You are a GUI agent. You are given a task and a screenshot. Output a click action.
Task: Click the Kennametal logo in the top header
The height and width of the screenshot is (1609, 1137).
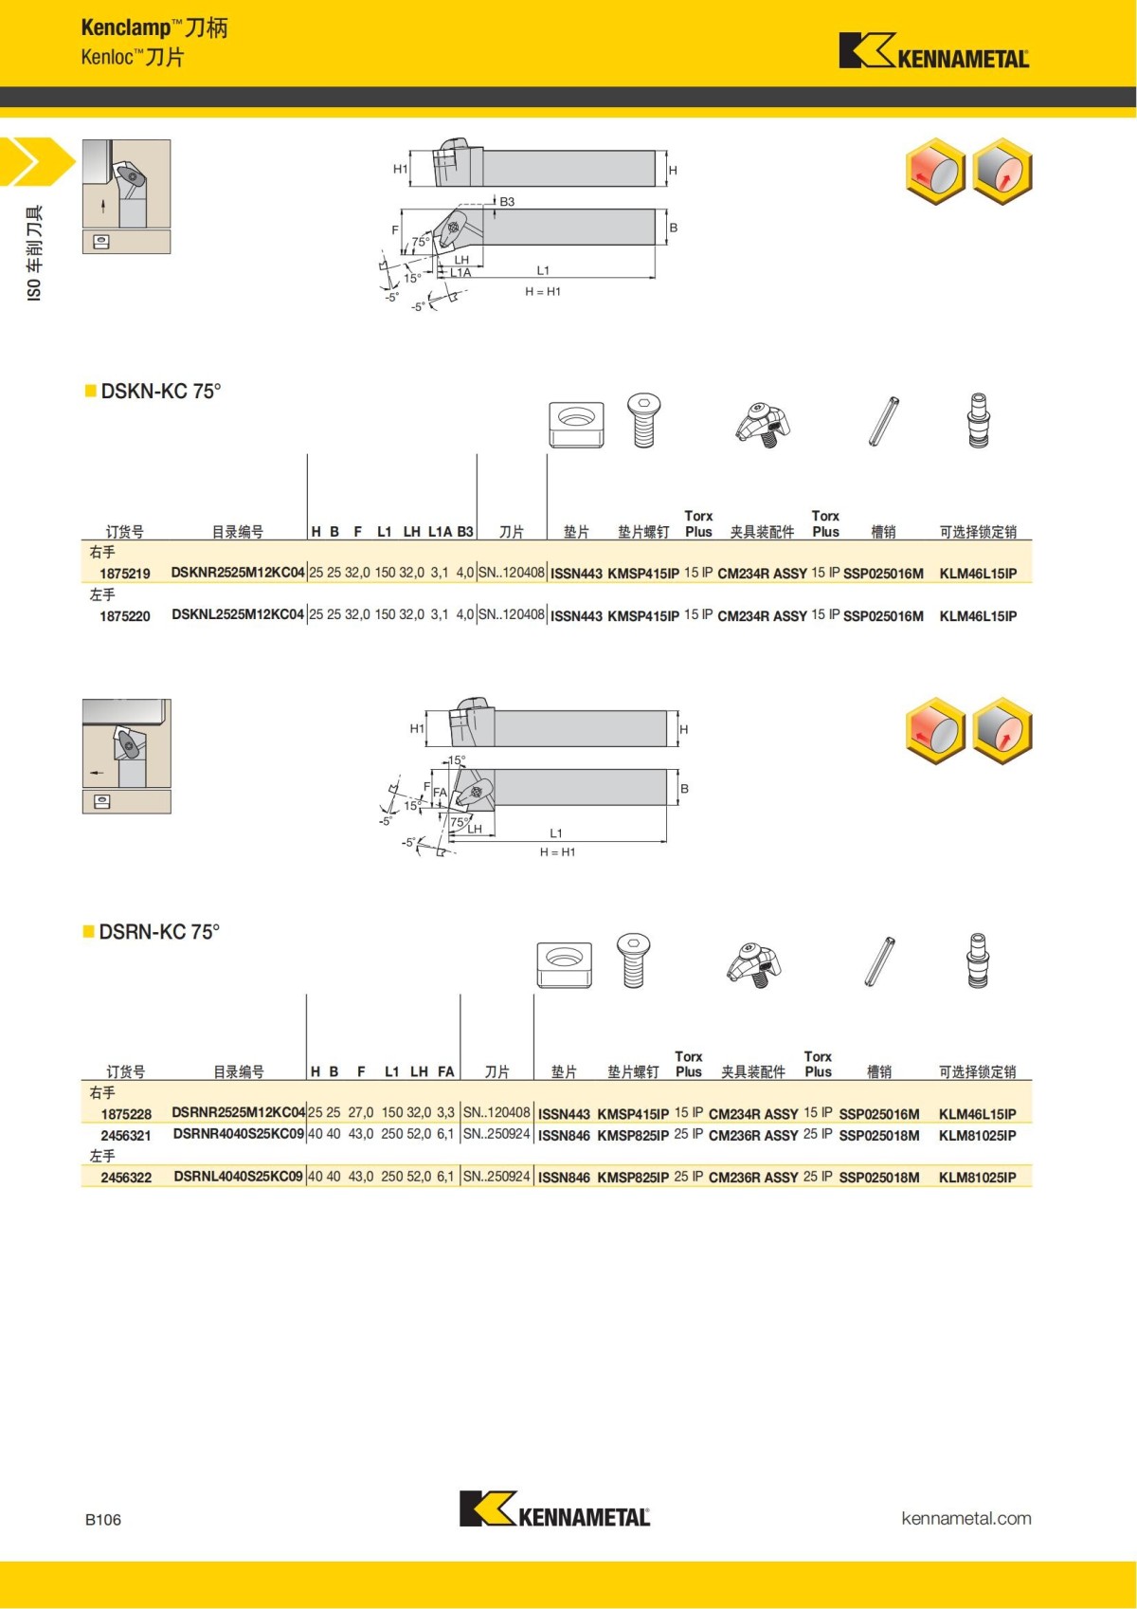[933, 51]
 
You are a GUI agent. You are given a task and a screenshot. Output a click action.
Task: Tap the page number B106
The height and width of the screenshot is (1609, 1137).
[103, 1519]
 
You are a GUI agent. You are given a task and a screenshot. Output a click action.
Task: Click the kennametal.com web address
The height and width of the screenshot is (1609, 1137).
[966, 1518]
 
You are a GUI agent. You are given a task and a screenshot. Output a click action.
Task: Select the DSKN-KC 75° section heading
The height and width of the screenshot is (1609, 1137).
[160, 391]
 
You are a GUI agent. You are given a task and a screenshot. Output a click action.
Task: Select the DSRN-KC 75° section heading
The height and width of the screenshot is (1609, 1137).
[158, 931]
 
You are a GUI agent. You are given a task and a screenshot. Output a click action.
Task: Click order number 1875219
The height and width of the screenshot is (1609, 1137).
[125, 574]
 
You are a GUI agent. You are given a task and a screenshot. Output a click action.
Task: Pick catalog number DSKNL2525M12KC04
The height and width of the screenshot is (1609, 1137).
[238, 614]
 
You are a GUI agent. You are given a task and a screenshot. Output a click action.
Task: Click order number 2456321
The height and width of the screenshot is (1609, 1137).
[126, 1135]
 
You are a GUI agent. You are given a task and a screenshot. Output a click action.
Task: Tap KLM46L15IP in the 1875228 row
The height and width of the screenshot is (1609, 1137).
[977, 1114]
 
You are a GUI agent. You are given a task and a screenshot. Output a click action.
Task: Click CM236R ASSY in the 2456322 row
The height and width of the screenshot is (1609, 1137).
[753, 1177]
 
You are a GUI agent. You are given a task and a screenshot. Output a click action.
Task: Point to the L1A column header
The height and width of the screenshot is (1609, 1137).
[440, 532]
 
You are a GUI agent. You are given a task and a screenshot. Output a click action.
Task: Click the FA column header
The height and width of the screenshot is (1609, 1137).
[445, 1071]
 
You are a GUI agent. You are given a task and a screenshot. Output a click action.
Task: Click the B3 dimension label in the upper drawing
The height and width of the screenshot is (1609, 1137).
[507, 202]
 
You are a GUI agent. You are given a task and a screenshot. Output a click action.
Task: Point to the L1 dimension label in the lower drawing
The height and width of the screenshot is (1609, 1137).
[556, 832]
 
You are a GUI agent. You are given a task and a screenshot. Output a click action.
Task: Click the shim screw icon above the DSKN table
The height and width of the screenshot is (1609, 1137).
[643, 420]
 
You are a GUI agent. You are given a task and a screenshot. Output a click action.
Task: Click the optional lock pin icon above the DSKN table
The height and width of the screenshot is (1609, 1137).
[978, 420]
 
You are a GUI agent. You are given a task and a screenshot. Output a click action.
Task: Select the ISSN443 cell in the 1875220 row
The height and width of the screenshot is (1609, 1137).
[576, 615]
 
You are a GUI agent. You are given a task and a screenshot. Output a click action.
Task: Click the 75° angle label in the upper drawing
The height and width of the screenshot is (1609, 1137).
[420, 242]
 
